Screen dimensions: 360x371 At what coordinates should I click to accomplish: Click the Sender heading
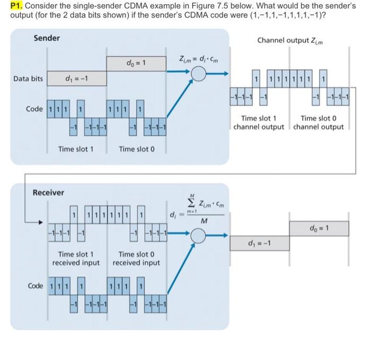[x=47, y=38]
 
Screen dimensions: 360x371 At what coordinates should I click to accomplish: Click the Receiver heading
[x=49, y=192]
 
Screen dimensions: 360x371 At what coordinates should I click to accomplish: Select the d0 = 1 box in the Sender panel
[x=136, y=64]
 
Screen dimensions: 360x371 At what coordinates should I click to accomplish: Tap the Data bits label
[x=28, y=79]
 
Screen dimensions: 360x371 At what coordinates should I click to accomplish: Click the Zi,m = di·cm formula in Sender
[x=197, y=58]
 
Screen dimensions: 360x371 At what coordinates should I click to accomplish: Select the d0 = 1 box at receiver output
[x=319, y=229]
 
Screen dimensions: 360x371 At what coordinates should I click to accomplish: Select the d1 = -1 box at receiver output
[x=259, y=243]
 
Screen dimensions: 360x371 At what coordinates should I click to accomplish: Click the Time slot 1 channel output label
[x=259, y=123]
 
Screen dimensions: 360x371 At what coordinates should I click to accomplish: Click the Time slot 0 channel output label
[x=318, y=123]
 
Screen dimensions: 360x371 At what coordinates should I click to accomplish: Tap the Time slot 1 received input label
[x=76, y=259]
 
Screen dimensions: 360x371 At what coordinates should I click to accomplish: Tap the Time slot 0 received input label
[x=136, y=259]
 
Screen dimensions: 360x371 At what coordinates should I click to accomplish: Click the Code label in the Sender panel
[x=35, y=109]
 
